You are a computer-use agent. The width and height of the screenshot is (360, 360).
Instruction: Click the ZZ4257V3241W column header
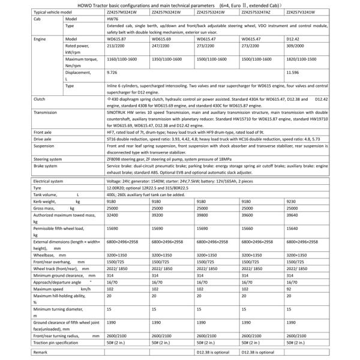pyautogui.click(x=302, y=12)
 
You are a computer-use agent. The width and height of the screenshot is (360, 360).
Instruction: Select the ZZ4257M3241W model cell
pyautogui.click(x=121, y=12)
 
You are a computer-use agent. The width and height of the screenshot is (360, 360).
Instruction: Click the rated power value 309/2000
pyautogui.click(x=296, y=45)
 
